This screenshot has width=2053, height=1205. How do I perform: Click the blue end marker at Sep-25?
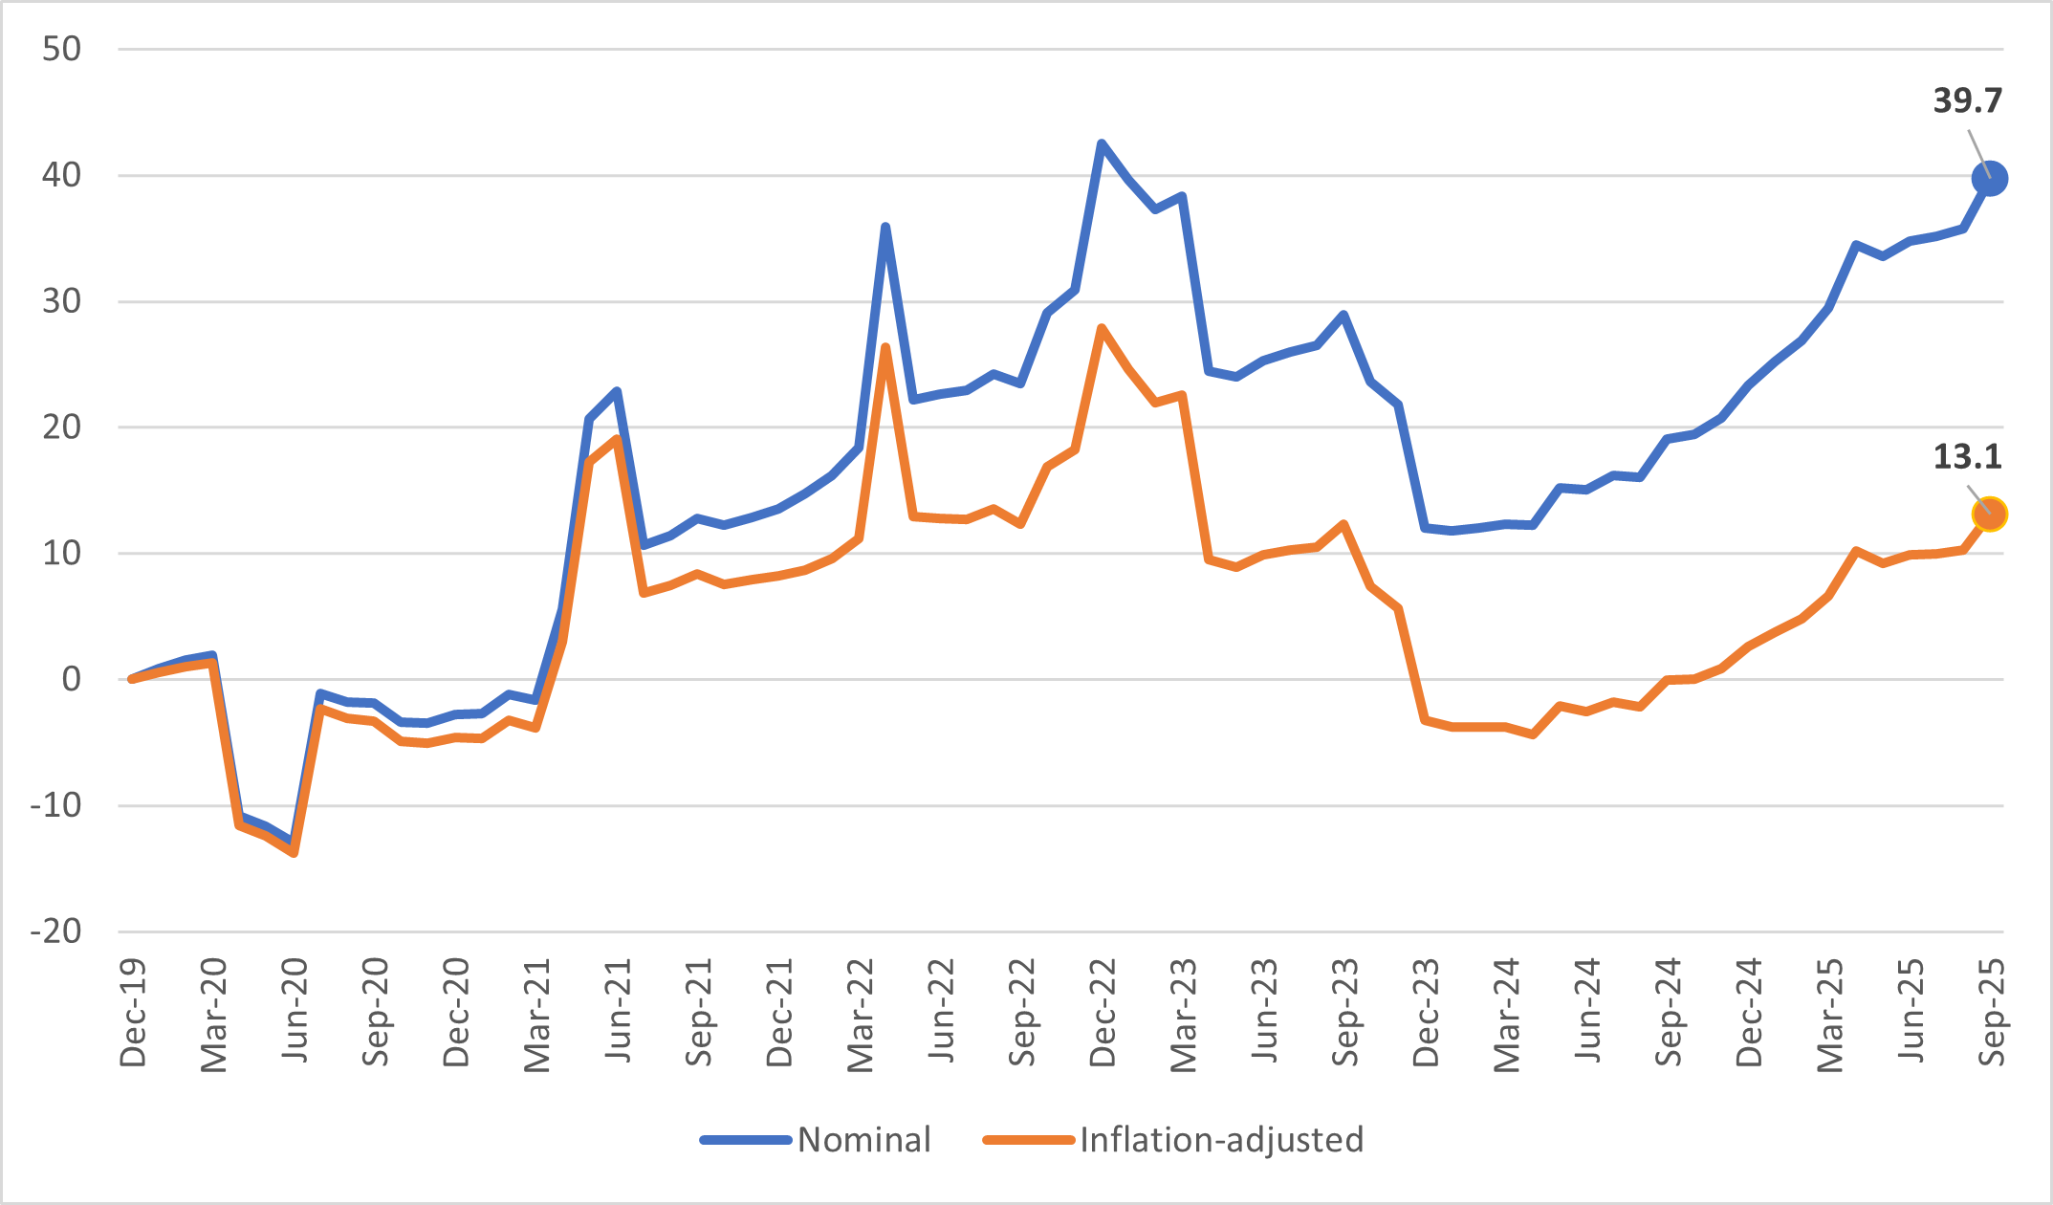pyautogui.click(x=1989, y=179)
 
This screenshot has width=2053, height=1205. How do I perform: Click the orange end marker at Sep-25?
pyautogui.click(x=1989, y=515)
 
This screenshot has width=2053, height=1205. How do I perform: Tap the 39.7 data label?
pyautogui.click(x=1967, y=100)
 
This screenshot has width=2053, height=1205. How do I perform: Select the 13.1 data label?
pyautogui.click(x=1967, y=456)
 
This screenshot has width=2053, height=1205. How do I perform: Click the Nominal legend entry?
pyautogui.click(x=863, y=1139)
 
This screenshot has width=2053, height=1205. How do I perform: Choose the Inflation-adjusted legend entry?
pyautogui.click(x=1221, y=1139)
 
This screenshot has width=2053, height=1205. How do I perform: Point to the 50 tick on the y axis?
pyautogui.click(x=62, y=49)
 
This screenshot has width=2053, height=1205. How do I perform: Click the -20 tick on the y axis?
pyautogui.click(x=55, y=931)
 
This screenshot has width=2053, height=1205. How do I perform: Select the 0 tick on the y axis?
pyautogui.click(x=72, y=679)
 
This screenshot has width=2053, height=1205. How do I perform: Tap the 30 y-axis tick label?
pyautogui.click(x=62, y=301)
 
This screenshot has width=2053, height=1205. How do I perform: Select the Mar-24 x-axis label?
pyautogui.click(x=1507, y=1014)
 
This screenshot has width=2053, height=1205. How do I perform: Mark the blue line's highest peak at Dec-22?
pyautogui.click(x=1102, y=143)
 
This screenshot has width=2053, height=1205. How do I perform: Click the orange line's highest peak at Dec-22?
pyautogui.click(x=1102, y=328)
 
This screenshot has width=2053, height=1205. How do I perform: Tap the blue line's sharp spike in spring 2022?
pyautogui.click(x=885, y=227)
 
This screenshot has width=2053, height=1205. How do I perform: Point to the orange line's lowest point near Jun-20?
pyautogui.click(x=294, y=852)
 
